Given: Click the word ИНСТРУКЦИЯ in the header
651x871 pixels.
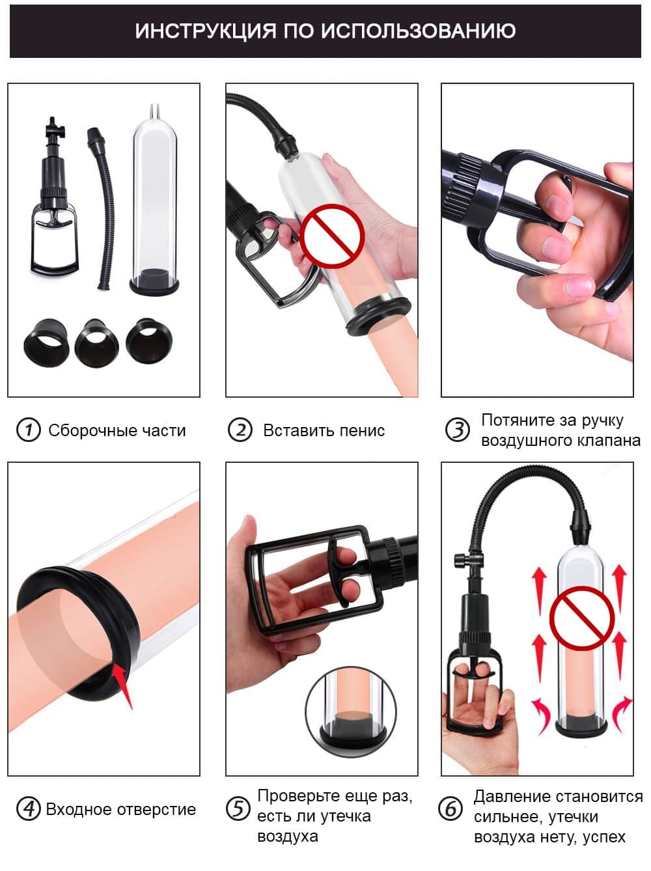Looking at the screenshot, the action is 205,31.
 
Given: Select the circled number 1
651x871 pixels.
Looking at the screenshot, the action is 29,430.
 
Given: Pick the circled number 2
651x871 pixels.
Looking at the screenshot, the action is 240,430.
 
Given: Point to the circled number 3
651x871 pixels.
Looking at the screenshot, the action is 458,430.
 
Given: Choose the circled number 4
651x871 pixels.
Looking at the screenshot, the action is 29,809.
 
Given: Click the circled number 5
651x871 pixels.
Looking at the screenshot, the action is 238,809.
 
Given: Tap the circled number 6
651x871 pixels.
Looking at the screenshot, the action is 450,809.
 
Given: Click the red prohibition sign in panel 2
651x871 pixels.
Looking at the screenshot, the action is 332,236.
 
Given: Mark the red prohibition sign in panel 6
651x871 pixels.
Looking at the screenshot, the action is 582,618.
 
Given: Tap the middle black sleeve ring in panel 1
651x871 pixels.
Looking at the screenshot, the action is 96,342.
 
